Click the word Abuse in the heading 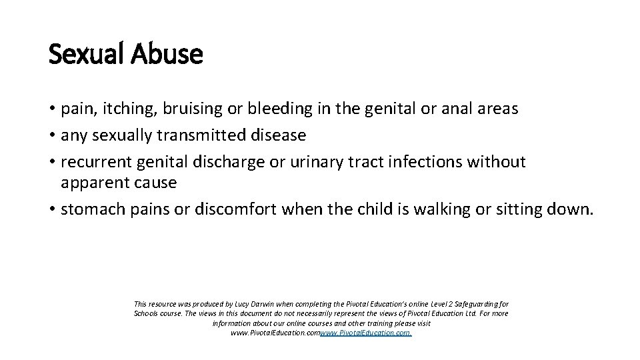pos(167,55)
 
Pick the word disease pos(279,135)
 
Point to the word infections pos(423,162)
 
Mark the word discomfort pos(236,209)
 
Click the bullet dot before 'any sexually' pos(51,136)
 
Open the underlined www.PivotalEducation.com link pos(365,332)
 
